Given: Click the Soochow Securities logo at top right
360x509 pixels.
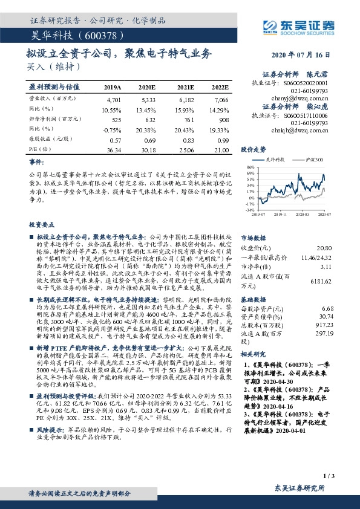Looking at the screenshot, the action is [x=298, y=25].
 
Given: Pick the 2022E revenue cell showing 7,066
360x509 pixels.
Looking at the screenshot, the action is [x=221, y=99].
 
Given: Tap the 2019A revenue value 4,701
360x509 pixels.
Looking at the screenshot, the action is [x=113, y=99].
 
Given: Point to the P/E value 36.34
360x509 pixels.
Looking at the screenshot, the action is [x=113, y=150].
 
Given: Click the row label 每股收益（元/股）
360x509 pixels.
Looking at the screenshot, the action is [x=51, y=140].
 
